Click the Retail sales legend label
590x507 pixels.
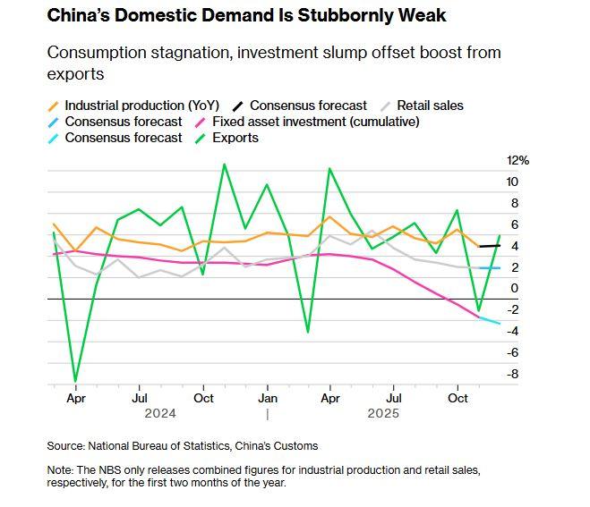click(x=431, y=106)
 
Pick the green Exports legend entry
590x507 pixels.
click(x=235, y=138)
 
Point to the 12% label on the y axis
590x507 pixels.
click(x=519, y=161)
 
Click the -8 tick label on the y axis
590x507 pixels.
click(x=512, y=374)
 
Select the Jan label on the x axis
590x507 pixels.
click(x=267, y=397)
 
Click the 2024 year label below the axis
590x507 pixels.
click(x=158, y=413)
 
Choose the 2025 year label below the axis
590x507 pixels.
click(x=383, y=413)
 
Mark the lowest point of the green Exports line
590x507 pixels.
click(x=75, y=381)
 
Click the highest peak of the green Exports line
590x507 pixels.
click(x=224, y=165)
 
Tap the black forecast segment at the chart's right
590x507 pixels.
click(x=491, y=246)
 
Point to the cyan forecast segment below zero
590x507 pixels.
click(x=489, y=320)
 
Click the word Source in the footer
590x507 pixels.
click(x=65, y=445)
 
